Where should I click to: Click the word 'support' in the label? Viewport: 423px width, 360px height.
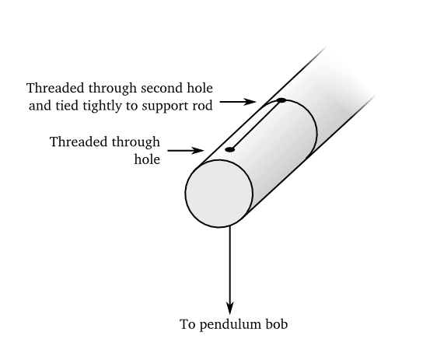pyautogui.click(x=166, y=107)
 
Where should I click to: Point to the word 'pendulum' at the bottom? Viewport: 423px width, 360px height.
pyautogui.click(x=230, y=325)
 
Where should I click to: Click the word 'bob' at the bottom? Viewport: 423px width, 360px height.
pyautogui.click(x=277, y=324)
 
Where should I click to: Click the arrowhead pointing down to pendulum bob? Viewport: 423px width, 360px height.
pyautogui.click(x=230, y=308)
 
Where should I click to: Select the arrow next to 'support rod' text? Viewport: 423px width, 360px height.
pyautogui.click(x=238, y=102)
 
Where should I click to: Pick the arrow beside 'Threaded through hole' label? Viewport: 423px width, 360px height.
pyautogui.click(x=186, y=150)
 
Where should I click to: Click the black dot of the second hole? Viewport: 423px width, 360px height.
pyautogui.click(x=281, y=100)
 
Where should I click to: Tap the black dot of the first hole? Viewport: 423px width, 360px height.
pyautogui.click(x=229, y=149)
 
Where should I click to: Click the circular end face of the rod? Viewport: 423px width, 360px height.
pyautogui.click(x=218, y=194)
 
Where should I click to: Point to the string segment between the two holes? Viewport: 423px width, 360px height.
pyautogui.click(x=256, y=125)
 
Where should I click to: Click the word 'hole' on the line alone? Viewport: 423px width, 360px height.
pyautogui.click(x=147, y=159)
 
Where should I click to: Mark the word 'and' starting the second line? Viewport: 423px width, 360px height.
pyautogui.click(x=40, y=106)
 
